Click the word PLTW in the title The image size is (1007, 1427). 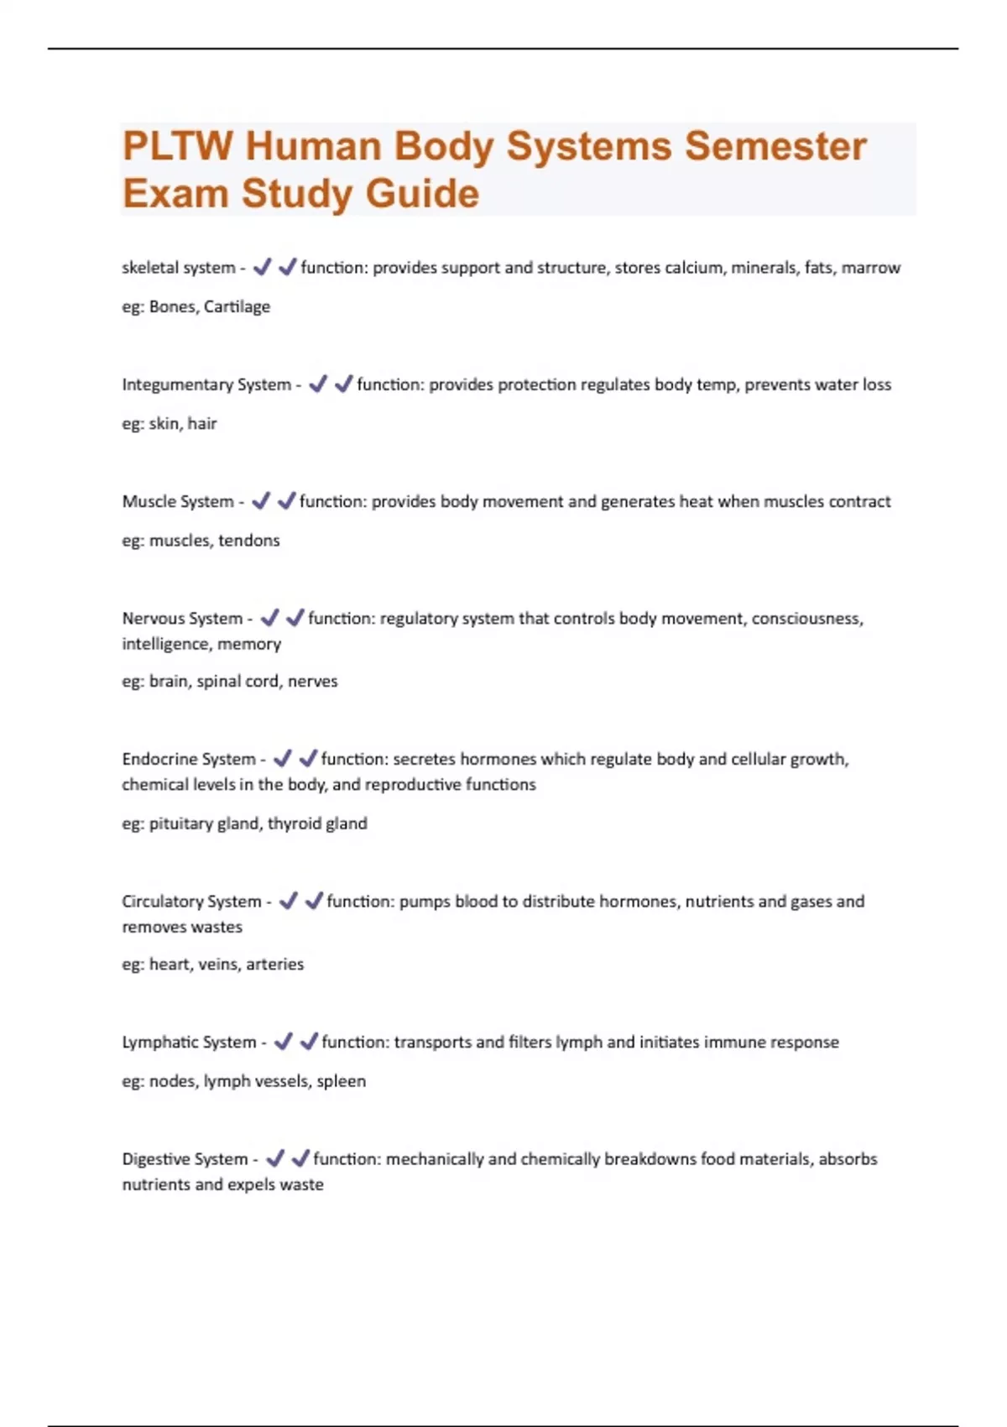[x=177, y=146]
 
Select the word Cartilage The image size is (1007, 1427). [x=237, y=306]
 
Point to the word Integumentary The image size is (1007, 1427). [x=177, y=384]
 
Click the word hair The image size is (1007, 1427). [x=202, y=423]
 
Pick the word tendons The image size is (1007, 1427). [x=248, y=540]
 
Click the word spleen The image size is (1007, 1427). [x=341, y=1081]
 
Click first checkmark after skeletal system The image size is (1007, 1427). [x=262, y=267]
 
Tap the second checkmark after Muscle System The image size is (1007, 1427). [x=287, y=500]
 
